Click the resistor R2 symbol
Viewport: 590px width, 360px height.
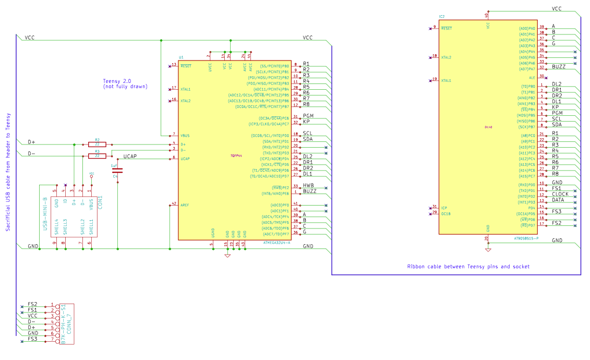point(97,144)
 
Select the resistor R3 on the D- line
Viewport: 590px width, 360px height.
point(97,155)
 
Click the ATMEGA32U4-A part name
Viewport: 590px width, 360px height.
point(277,243)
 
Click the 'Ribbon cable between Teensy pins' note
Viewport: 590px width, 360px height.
point(468,267)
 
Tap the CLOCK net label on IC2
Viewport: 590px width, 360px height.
point(561,194)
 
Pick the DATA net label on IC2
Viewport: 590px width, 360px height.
point(558,200)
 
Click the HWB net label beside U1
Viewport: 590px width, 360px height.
point(308,186)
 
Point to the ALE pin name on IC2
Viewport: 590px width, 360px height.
point(532,77)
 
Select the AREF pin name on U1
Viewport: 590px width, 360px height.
point(185,205)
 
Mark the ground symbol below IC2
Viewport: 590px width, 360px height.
point(488,249)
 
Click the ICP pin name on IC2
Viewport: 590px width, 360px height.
point(443,207)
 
